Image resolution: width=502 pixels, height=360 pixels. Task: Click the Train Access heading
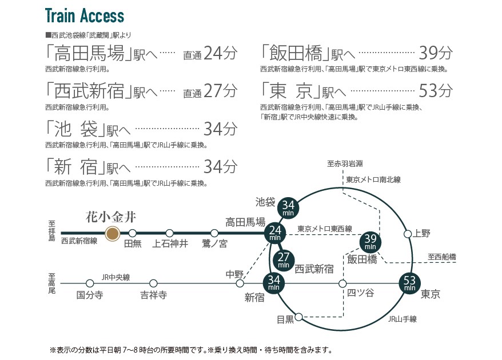(85, 15)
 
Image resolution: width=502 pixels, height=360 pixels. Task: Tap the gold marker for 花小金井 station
(113, 234)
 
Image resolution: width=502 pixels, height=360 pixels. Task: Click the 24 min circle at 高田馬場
(275, 233)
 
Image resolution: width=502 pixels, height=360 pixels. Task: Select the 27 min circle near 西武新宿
(284, 260)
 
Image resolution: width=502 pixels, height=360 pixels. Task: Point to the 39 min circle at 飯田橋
(370, 242)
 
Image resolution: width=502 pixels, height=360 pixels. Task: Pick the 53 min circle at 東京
(409, 283)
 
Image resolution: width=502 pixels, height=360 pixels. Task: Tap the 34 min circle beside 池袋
(288, 208)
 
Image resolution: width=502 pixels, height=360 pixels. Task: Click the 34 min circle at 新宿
(274, 283)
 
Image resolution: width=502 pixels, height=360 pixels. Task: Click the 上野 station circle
(408, 234)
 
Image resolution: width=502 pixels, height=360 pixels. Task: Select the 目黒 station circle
(298, 317)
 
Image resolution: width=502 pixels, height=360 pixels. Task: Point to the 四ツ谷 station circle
(342, 283)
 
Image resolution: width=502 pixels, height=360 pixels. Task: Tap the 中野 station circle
(240, 283)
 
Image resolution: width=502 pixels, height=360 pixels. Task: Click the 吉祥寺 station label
(154, 295)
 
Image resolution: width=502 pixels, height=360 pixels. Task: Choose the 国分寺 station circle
(90, 283)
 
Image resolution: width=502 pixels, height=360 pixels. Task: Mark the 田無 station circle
(132, 233)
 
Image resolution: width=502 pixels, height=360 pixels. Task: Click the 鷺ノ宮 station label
(214, 244)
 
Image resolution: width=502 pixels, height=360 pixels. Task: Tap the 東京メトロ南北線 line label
(373, 179)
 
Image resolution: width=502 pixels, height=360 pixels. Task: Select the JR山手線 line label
(403, 319)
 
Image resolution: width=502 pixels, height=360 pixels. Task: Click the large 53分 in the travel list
(436, 90)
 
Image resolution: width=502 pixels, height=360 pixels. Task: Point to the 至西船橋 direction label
(442, 257)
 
